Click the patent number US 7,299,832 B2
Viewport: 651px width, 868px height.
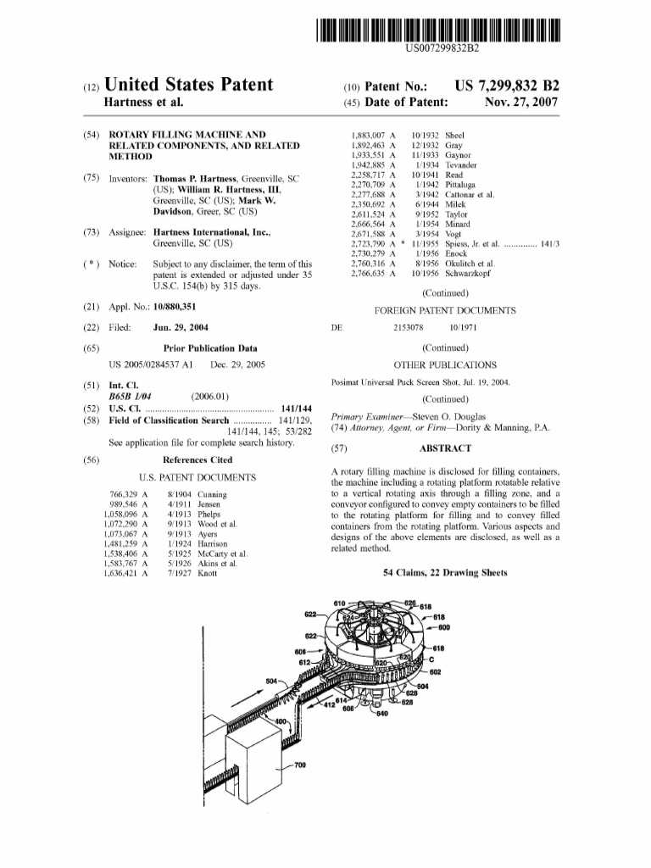507,86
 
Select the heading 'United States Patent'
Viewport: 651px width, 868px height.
187,85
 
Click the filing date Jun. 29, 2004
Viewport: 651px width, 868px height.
181,327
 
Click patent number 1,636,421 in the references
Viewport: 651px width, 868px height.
121,573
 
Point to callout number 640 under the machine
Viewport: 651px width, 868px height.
381,713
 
